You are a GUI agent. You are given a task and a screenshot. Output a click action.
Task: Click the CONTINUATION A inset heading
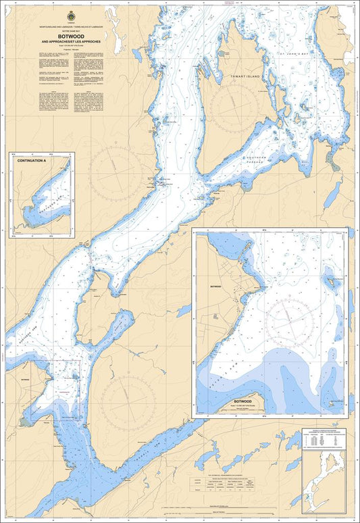(32, 161)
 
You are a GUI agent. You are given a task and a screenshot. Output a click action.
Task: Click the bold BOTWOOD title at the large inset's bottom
(242, 401)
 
